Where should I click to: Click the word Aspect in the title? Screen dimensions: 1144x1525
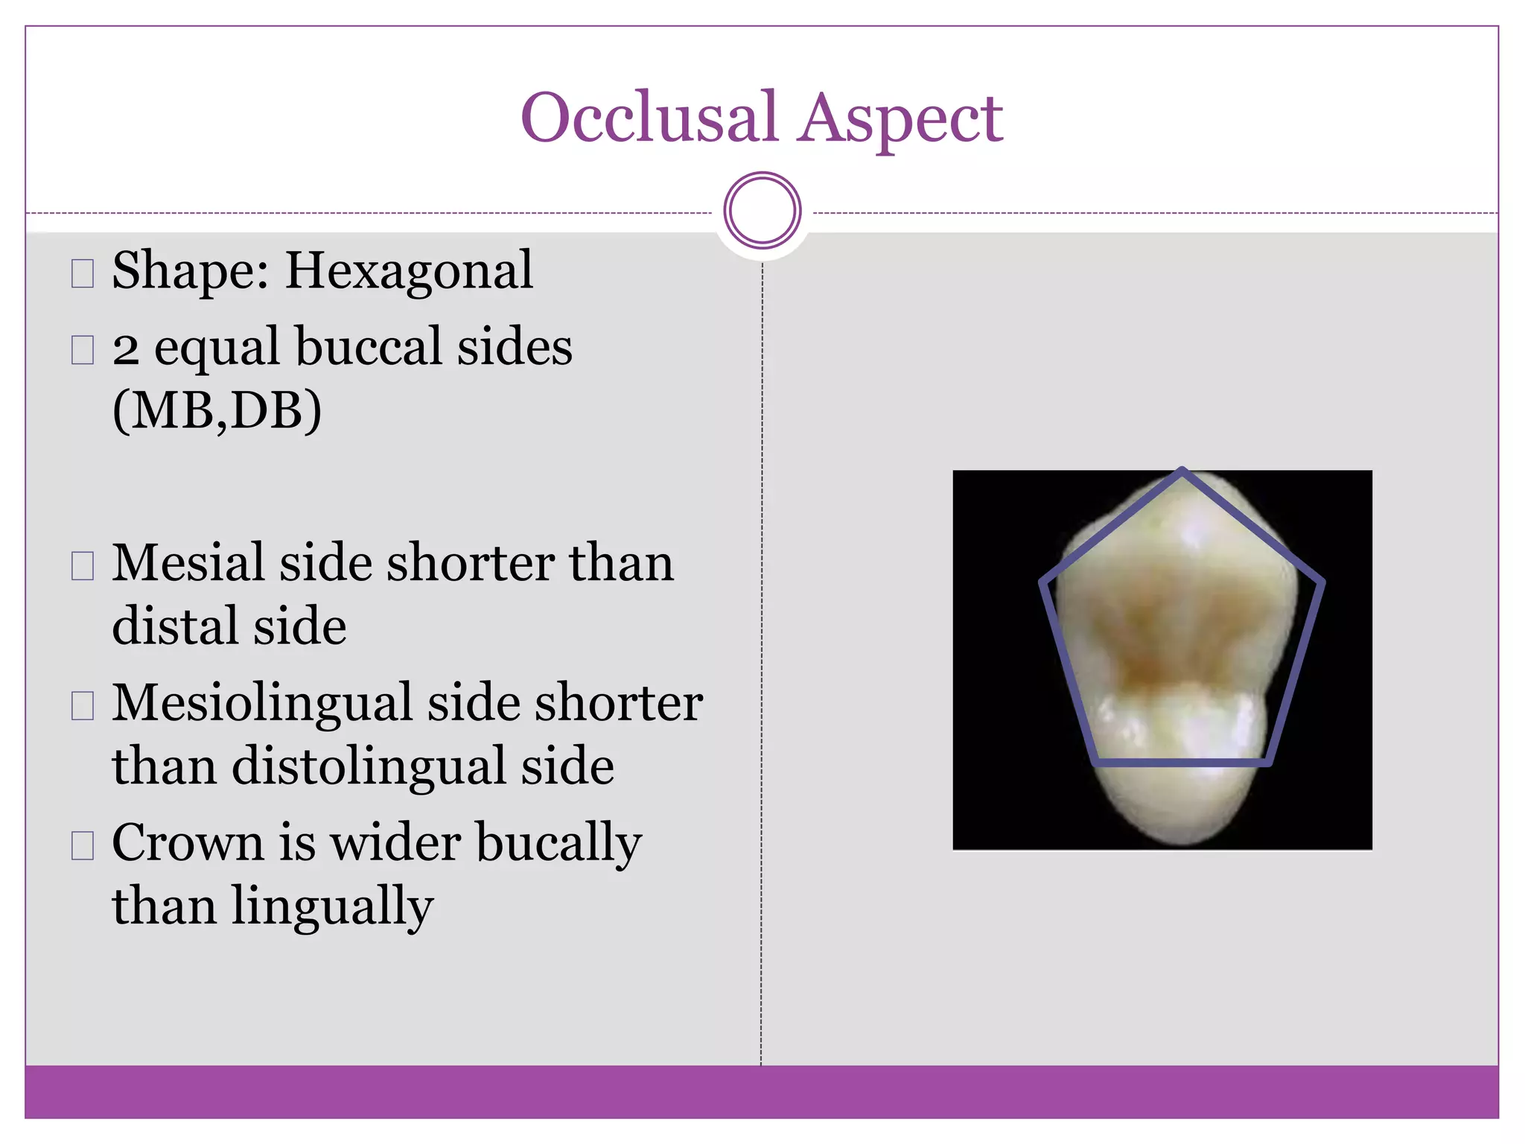pyautogui.click(x=900, y=119)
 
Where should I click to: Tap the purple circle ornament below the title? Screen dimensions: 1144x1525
pyautogui.click(x=762, y=210)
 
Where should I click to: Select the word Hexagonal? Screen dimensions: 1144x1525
pyautogui.click(x=409, y=272)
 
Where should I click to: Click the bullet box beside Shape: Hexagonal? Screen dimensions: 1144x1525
pyautogui.click(x=83, y=273)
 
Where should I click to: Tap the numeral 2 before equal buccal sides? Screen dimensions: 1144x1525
pyautogui.click(x=126, y=349)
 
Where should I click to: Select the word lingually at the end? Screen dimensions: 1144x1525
pyautogui.click(x=332, y=908)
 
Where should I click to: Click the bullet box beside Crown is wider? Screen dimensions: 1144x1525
pyautogui.click(x=83, y=845)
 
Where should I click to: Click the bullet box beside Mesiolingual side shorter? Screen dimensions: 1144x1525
pyautogui.click(x=83, y=705)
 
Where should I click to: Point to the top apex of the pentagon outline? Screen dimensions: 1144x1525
pyautogui.click(x=1182, y=471)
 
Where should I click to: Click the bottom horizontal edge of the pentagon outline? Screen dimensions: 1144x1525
pyautogui.click(x=1182, y=763)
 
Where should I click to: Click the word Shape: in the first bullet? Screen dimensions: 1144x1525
pyautogui.click(x=190, y=272)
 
